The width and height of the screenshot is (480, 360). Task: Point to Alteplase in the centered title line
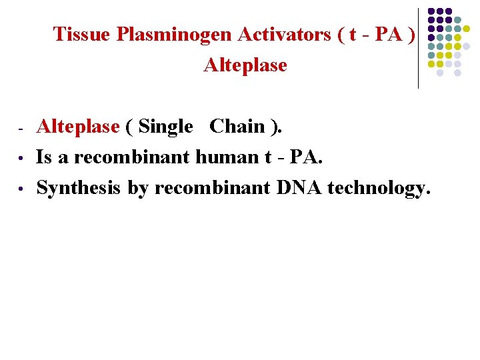[x=245, y=65]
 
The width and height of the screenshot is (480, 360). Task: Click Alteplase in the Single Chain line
[x=78, y=126]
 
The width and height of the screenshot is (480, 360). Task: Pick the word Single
[x=166, y=126]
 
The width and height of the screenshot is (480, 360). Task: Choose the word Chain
[x=238, y=126]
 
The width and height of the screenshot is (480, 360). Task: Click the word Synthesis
[x=79, y=189]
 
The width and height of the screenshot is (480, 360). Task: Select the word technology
[x=379, y=189]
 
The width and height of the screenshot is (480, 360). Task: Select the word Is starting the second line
[x=44, y=157]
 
